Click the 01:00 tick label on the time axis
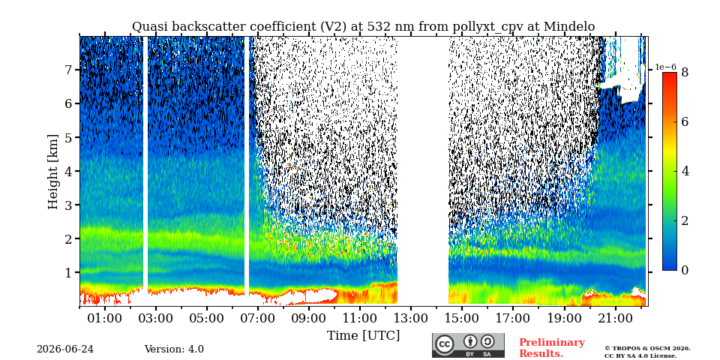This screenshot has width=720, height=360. tap(105, 318)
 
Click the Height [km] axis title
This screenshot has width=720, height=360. tap(54, 172)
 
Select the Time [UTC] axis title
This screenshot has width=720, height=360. tap(363, 336)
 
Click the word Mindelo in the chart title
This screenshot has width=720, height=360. tap(569, 27)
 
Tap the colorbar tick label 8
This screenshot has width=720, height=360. tap(685, 72)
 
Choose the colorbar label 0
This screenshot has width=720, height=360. tap(685, 271)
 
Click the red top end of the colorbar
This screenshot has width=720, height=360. tap(670, 75)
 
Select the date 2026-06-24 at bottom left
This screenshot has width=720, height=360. tap(65, 349)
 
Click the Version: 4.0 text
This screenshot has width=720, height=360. tap(174, 349)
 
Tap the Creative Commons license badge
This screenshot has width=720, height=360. tap(468, 345)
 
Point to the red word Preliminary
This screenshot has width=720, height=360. tap(552, 343)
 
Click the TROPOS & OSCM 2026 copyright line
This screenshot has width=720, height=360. tap(647, 349)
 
